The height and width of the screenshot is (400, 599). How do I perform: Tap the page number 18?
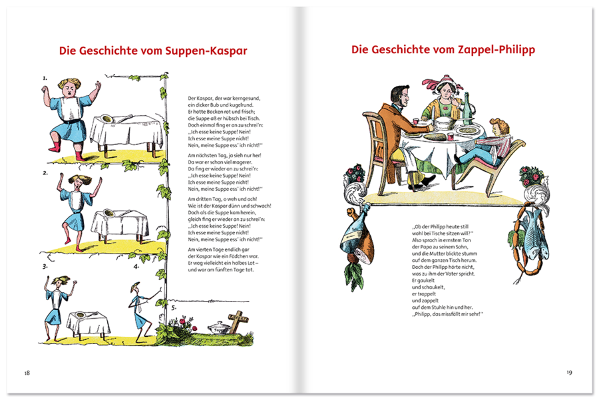tap(27, 372)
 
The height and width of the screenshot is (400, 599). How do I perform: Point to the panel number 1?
tap(45, 78)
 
